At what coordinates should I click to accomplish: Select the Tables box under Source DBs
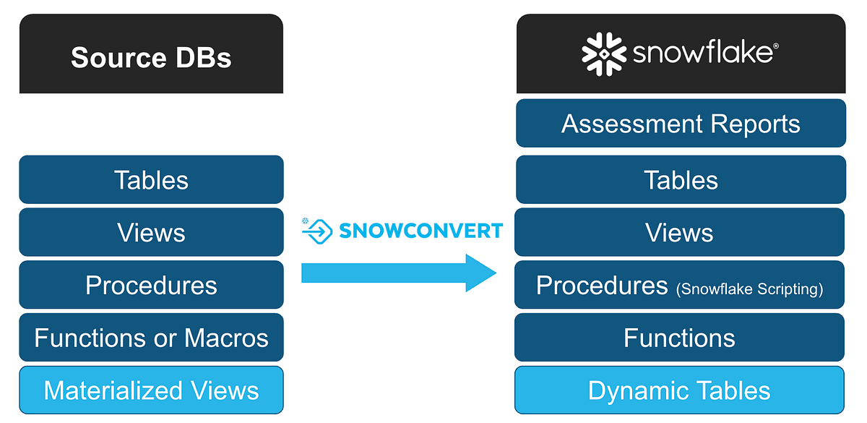click(151, 180)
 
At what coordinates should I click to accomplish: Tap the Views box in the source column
click(151, 233)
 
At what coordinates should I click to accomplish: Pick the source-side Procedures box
click(151, 286)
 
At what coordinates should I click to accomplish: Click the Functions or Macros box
click(151, 338)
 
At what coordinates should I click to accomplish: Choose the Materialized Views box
click(151, 390)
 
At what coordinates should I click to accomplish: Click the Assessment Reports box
click(681, 124)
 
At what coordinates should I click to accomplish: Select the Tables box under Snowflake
click(681, 180)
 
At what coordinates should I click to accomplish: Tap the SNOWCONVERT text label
click(420, 231)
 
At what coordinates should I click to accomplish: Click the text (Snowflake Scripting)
click(749, 289)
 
